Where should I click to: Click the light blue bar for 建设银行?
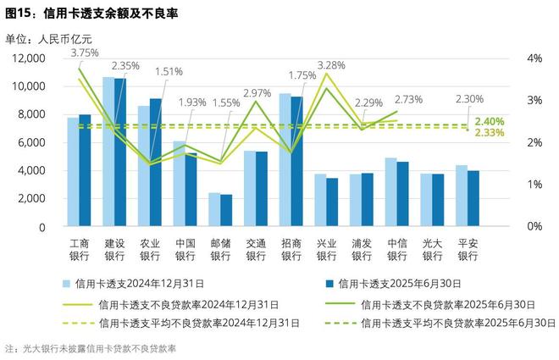108,152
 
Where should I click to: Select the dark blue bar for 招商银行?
296,162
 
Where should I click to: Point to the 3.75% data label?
84,52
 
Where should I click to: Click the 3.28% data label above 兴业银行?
331,65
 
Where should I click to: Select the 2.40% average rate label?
490,121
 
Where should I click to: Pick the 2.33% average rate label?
490,133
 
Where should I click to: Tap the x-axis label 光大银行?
432,248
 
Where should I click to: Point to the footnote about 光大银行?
95,348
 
